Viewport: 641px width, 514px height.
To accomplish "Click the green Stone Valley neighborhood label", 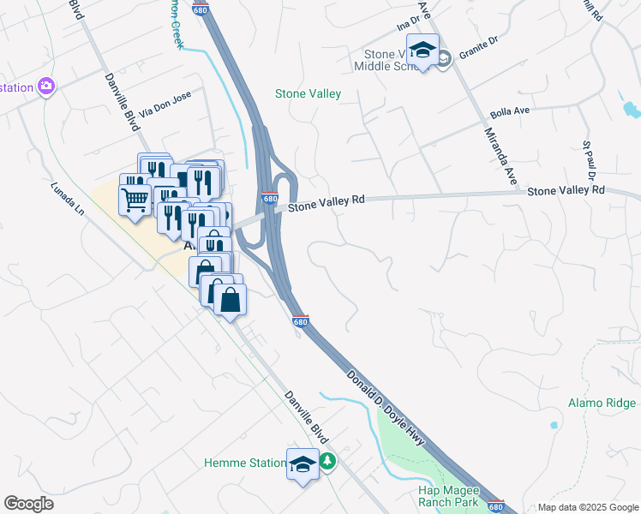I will [x=308, y=93].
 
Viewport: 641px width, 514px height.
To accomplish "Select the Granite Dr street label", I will [x=477, y=51].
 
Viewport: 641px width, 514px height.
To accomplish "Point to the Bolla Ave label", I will [x=511, y=112].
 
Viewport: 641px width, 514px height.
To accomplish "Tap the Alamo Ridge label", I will [x=602, y=403].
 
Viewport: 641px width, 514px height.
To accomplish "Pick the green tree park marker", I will [x=327, y=462].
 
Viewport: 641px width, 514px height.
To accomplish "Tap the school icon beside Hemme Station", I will [x=303, y=463].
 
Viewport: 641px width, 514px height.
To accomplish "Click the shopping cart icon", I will [x=135, y=200].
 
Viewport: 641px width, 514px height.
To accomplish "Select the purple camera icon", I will [x=45, y=87].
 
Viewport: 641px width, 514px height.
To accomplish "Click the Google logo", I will [x=28, y=504].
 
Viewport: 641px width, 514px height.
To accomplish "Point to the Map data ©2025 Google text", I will [x=588, y=507].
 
